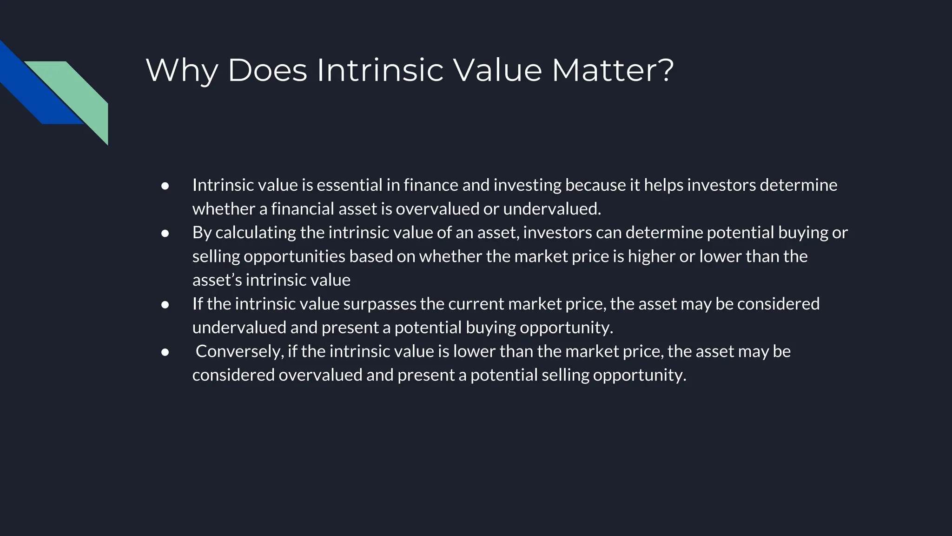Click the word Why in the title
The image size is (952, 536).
pyautogui.click(x=182, y=71)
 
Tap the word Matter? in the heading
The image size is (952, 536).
pyautogui.click(x=612, y=71)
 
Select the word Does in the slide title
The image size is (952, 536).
pyautogui.click(x=267, y=71)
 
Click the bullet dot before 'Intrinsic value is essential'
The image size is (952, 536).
pyautogui.click(x=165, y=186)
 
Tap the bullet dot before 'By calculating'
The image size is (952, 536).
pyautogui.click(x=165, y=233)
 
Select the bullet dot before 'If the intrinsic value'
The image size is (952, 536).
pyautogui.click(x=165, y=304)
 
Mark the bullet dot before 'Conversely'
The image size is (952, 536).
pyautogui.click(x=165, y=352)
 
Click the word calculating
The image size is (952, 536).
pyautogui.click(x=256, y=233)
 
